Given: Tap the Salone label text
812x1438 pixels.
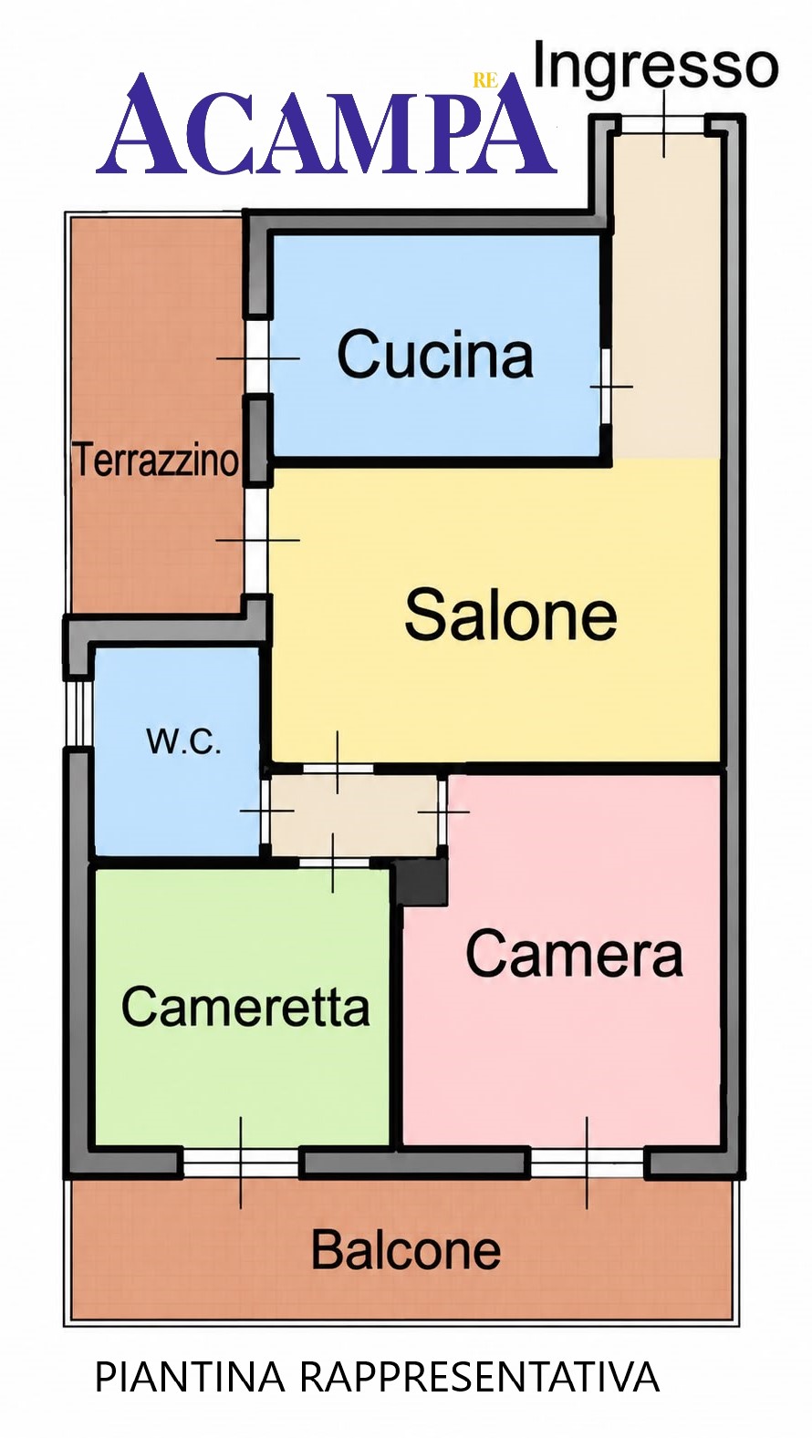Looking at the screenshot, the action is pyautogui.click(x=511, y=615).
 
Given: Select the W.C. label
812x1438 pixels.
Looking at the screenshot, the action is pyautogui.click(x=183, y=741).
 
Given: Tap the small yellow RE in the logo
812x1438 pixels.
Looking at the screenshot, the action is pyautogui.click(x=485, y=80).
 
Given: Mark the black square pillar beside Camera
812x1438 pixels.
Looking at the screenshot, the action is pyautogui.click(x=421, y=882).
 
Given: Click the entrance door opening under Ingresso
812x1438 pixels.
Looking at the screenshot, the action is pyautogui.click(x=663, y=124).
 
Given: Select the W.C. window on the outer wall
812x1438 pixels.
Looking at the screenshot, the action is pyautogui.click(x=79, y=712).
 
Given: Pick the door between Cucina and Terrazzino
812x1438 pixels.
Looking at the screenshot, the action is pyautogui.click(x=257, y=357).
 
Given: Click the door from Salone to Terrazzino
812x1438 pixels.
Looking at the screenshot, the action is pyautogui.click(x=256, y=541).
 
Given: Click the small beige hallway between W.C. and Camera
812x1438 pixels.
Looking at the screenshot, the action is pyautogui.click(x=355, y=814).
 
